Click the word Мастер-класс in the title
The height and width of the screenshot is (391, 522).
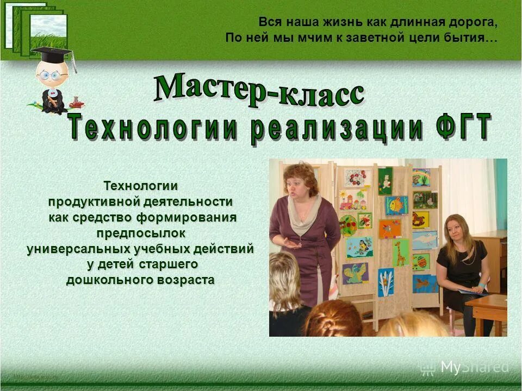(x=258, y=90)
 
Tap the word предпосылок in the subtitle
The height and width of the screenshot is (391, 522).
(x=141, y=234)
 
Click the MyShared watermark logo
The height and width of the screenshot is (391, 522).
(x=465, y=367)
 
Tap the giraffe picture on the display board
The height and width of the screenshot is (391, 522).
(x=401, y=253)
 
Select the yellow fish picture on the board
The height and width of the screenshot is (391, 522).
(x=396, y=205)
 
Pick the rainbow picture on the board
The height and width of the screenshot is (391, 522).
(x=421, y=177)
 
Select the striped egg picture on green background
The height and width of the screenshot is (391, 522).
(x=421, y=262)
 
